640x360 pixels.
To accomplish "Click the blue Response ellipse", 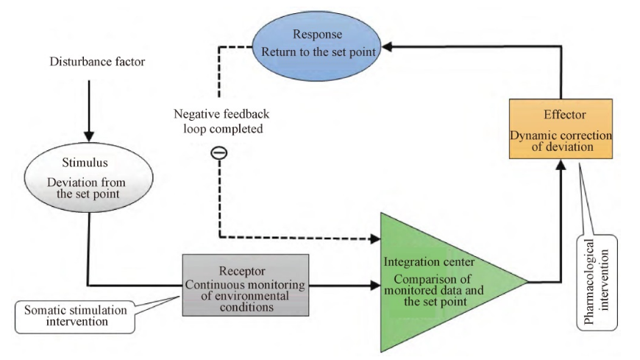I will tap(317, 45).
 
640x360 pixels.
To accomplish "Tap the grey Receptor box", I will tap(245, 284).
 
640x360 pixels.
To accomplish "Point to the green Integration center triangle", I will tap(434, 281).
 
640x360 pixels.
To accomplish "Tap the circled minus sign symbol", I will tap(219, 153).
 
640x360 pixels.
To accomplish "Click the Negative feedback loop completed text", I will tap(219, 121).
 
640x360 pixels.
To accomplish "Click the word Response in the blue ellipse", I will tap(316, 35).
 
